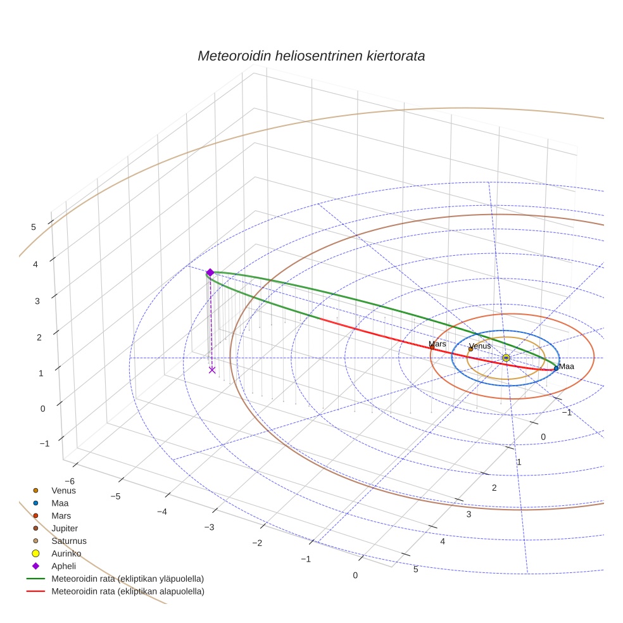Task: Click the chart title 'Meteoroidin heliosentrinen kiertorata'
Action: click(311, 56)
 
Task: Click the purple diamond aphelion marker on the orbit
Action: click(210, 272)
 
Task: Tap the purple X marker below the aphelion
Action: click(211, 370)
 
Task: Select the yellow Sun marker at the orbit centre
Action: click(506, 358)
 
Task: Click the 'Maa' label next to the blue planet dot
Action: click(567, 367)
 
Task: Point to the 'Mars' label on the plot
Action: click(437, 344)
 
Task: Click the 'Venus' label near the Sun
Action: click(480, 346)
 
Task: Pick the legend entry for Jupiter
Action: click(65, 528)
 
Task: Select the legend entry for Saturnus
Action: click(68, 541)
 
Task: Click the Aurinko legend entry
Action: click(66, 553)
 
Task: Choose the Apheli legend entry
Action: click(63, 566)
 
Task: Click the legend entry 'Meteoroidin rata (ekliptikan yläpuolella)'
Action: click(127, 579)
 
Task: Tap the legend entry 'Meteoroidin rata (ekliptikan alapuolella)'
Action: click(127, 591)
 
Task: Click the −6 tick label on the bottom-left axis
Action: click(70, 481)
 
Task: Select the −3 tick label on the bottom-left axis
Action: click(209, 527)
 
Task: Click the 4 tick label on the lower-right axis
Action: click(443, 541)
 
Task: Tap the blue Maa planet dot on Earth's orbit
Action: click(556, 368)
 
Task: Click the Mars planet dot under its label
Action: click(432, 347)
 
